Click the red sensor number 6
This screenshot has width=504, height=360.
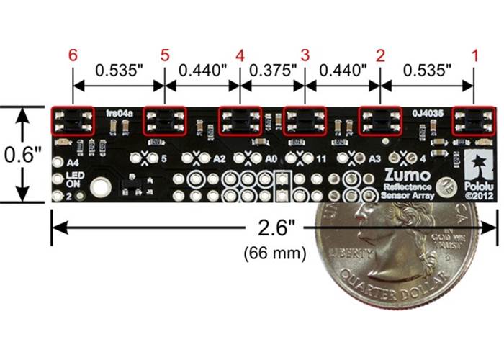(72, 55)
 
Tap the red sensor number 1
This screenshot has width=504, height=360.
(473, 55)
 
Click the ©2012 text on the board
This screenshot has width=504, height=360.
(477, 194)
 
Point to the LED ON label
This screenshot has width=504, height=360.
(74, 179)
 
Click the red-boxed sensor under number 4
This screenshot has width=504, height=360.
(240, 121)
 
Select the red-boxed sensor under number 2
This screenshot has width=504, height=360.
(380, 121)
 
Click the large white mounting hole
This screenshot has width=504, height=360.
(101, 188)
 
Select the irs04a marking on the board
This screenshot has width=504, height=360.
(117, 113)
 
